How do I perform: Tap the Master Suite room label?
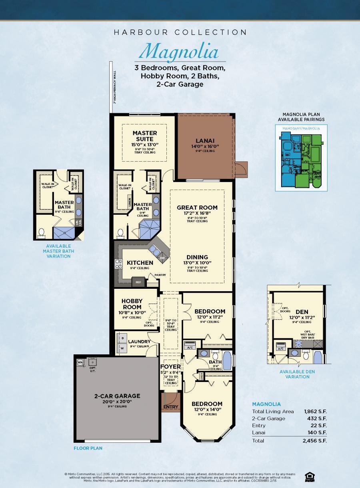pyautogui.click(x=144, y=136)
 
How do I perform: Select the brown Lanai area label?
pyautogui.click(x=205, y=141)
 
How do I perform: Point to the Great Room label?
pyautogui.click(x=197, y=208)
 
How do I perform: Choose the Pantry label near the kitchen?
pyautogui.click(x=154, y=275)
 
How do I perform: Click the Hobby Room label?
pyautogui.click(x=132, y=304)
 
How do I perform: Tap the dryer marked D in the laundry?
pyautogui.click(x=122, y=338)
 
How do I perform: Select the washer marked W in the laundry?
pyautogui.click(x=122, y=348)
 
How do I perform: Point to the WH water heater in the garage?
pyautogui.click(x=80, y=362)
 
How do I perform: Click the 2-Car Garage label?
pyautogui.click(x=112, y=396)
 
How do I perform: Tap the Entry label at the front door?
pyautogui.click(x=171, y=407)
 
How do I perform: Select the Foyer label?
pyautogui.click(x=170, y=366)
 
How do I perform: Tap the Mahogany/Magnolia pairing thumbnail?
pyautogui.click(x=301, y=159)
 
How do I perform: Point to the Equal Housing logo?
pyautogui.click(x=309, y=476)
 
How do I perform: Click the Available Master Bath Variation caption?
pyautogui.click(x=58, y=251)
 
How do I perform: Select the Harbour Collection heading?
pyautogui.click(x=180, y=32)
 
